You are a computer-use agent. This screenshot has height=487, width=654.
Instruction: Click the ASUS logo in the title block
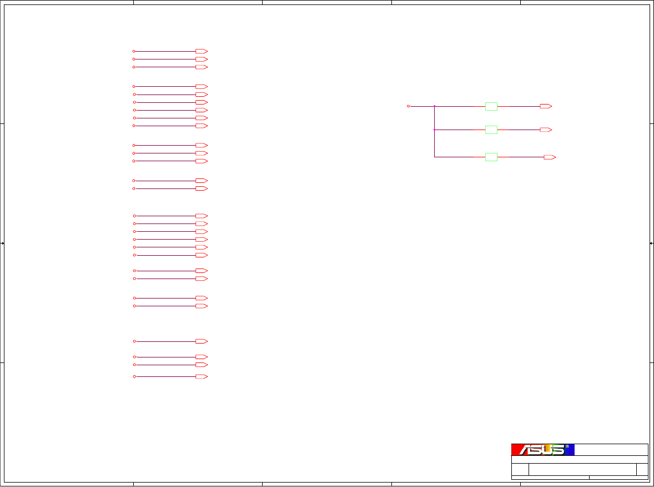tap(542, 450)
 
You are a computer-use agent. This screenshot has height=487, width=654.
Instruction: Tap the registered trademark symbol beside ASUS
tap(567, 446)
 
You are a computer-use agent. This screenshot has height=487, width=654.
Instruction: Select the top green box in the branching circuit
tap(491, 106)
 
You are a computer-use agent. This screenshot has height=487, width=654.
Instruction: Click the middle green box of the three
tap(491, 130)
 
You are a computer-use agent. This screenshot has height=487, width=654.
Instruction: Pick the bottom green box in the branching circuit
tap(491, 157)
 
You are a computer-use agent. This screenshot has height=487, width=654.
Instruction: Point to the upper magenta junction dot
tap(434, 106)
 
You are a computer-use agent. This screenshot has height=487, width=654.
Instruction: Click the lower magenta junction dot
tap(434, 130)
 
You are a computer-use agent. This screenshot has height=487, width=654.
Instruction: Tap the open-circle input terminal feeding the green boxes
tap(409, 106)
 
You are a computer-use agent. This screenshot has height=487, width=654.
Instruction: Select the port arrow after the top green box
tap(546, 106)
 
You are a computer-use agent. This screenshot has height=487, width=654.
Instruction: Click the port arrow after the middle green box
tap(546, 130)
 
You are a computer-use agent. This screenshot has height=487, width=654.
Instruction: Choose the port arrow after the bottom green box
tap(550, 157)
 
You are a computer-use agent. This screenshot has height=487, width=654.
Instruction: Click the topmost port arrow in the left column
tap(201, 51)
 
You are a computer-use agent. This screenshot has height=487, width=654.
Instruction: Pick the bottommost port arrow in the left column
tap(201, 377)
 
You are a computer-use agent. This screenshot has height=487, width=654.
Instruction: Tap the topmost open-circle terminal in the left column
tap(134, 51)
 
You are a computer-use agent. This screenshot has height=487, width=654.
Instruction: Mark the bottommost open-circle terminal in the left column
tap(134, 377)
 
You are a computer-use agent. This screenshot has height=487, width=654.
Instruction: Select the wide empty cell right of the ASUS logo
tap(611, 450)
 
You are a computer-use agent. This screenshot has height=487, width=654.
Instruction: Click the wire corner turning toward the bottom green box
tap(434, 157)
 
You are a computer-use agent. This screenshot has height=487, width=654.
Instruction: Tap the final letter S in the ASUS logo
tap(557, 450)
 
